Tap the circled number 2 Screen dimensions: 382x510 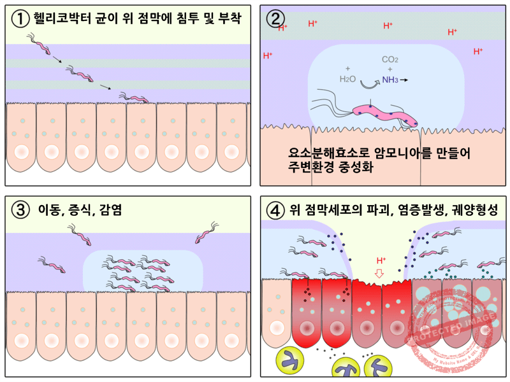(275, 18)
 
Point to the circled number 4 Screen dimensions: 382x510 (275, 209)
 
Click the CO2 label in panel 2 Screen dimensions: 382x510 (390, 60)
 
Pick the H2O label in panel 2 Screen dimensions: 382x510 (348, 80)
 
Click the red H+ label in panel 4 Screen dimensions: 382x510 (381, 260)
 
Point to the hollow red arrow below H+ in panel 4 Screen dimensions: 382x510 (380, 274)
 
